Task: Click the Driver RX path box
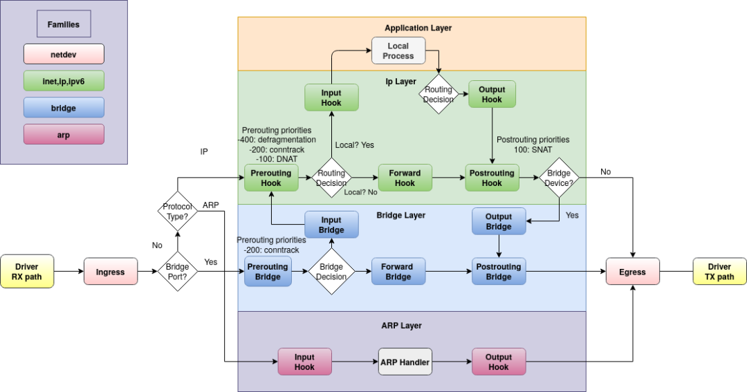coord(27,272)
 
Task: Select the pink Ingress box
coord(110,272)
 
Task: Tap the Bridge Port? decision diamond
coord(178,272)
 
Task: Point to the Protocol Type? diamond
coord(178,212)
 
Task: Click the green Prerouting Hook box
coord(271,178)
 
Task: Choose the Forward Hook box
coord(405,178)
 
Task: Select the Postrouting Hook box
coord(492,178)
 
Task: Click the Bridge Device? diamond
coord(559,178)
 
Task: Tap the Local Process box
coord(398,51)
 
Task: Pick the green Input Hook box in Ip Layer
coord(331,97)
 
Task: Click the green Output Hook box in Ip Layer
coord(492,94)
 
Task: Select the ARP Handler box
coord(405,362)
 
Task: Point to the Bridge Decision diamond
coord(331,272)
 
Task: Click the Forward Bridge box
coord(398,272)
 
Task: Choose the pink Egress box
coord(632,272)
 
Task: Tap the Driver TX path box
coord(719,272)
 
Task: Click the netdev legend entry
coord(64,54)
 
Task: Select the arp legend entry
coord(64,134)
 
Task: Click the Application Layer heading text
coord(418,28)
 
